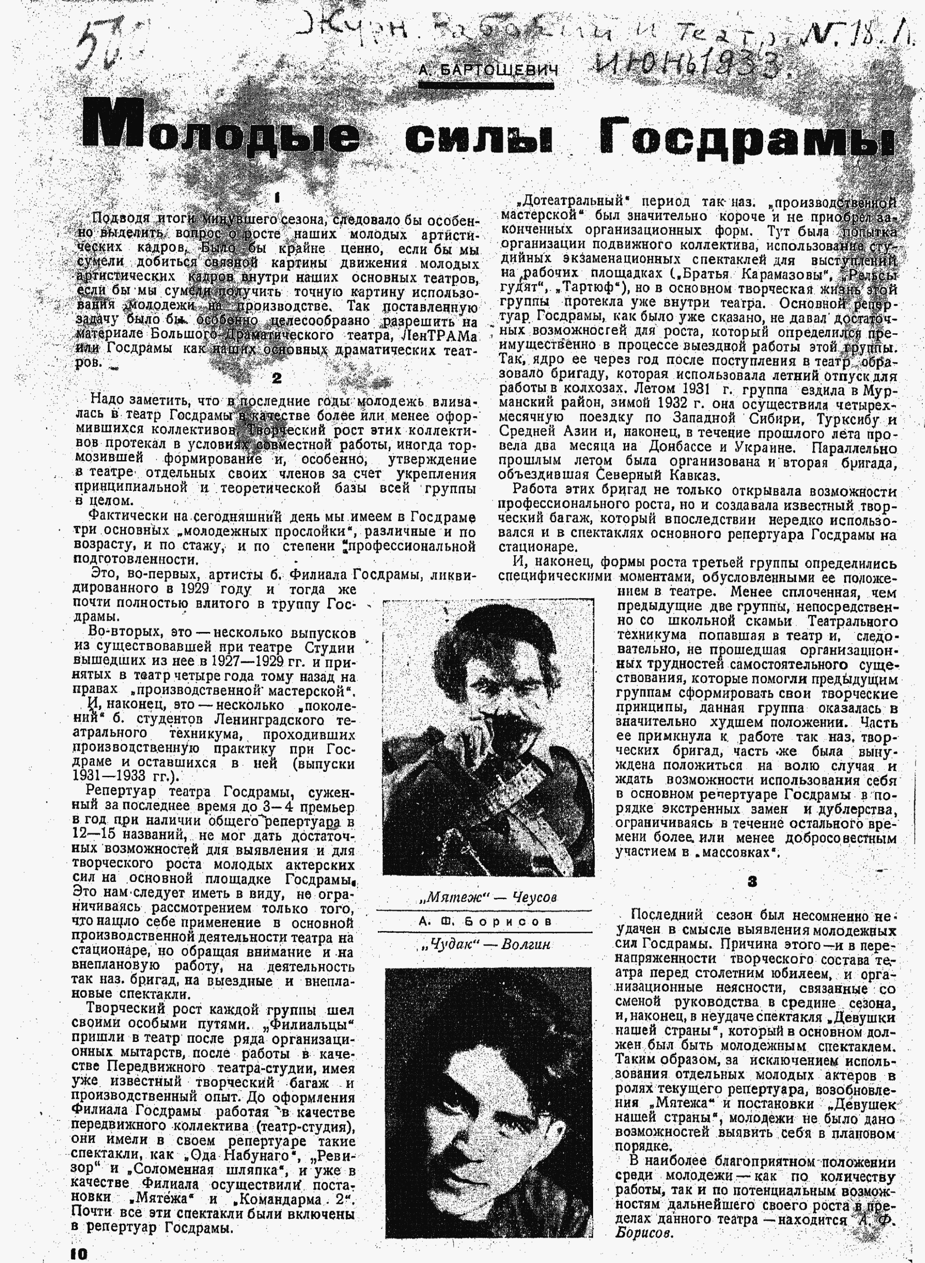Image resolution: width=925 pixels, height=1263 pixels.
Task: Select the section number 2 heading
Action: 276,378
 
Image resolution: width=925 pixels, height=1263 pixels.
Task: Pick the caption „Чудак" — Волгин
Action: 488,944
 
